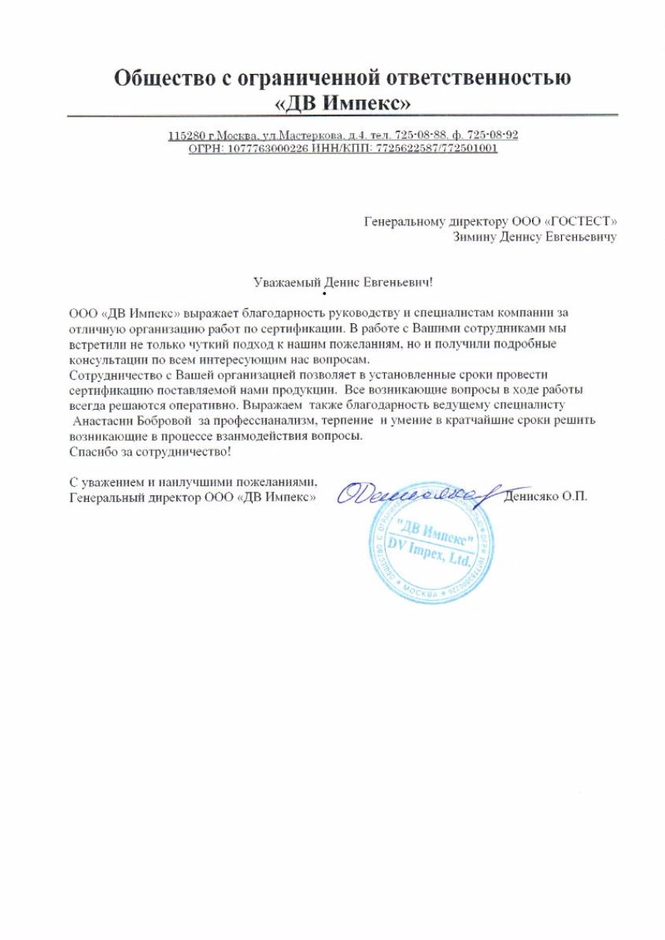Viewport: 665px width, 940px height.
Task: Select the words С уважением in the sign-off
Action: point(102,482)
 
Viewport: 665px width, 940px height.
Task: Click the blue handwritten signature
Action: point(413,494)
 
